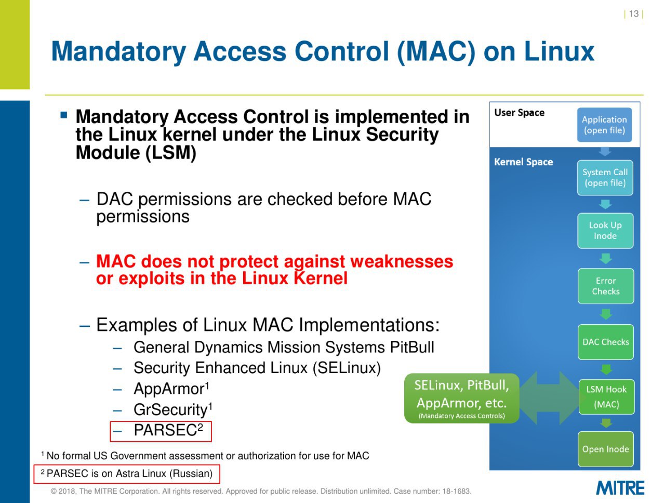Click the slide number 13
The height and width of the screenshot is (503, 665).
[x=633, y=14]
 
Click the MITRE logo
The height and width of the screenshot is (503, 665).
[x=620, y=488]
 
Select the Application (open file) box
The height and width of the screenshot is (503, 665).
[x=604, y=125]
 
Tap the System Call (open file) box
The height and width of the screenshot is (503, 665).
[x=605, y=178]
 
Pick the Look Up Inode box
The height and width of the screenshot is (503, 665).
[x=605, y=231]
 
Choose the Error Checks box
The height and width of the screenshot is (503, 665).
[x=606, y=286]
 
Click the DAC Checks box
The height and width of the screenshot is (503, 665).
[x=606, y=342]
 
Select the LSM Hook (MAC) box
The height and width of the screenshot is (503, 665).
[x=606, y=397]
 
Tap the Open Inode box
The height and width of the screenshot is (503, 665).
[x=606, y=449]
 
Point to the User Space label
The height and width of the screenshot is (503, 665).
[x=520, y=113]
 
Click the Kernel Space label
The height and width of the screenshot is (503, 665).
[x=524, y=162]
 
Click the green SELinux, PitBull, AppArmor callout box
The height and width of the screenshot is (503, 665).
[x=462, y=399]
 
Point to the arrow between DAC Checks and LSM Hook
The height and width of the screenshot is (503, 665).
[x=606, y=369]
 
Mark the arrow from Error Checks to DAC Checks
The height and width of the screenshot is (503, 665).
[x=606, y=314]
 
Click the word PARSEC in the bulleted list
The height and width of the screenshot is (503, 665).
[x=165, y=431]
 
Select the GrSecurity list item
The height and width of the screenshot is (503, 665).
[x=173, y=409]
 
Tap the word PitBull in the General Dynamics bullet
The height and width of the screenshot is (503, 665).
[x=411, y=347]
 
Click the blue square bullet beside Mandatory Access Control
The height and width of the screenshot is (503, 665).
[x=63, y=115]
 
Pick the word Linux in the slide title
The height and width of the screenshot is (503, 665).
[x=559, y=51]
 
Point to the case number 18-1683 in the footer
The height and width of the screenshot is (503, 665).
[x=456, y=491]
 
